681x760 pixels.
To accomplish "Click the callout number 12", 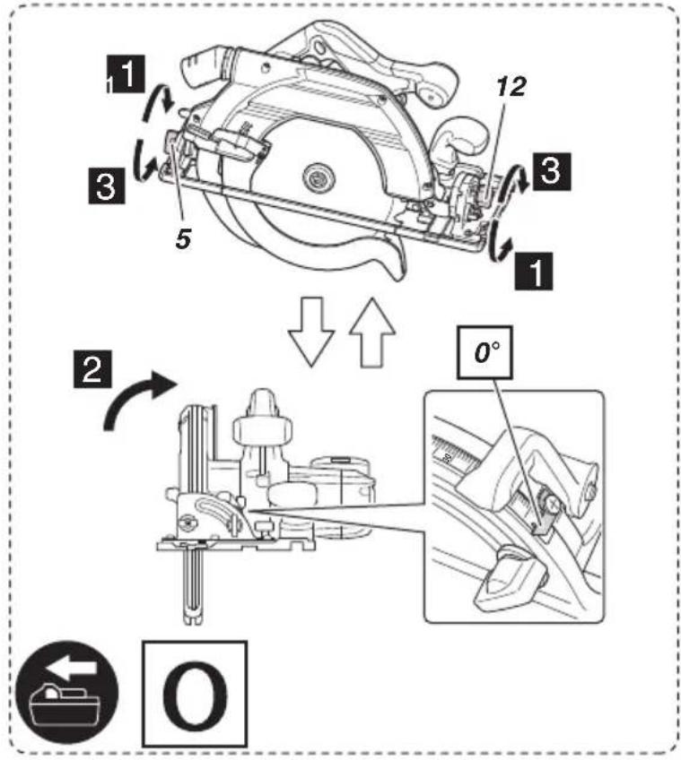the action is pos(511,87).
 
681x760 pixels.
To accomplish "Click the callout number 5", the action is pos(183,239).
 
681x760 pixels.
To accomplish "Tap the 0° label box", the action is pos(485,352).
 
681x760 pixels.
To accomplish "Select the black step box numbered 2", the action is pos(92,369).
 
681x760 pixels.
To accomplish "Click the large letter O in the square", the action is pos(195,694).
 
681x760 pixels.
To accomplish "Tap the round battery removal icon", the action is pos(66,695).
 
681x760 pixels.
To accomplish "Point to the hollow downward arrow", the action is pos(311,332).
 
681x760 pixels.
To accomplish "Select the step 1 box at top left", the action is pos(126,74).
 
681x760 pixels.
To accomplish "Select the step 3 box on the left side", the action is pos(106,186).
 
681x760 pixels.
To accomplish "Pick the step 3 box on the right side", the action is pos(552,171).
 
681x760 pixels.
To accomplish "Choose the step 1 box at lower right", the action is pos(534,271).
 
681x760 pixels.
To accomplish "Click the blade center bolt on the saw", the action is pos(319,177).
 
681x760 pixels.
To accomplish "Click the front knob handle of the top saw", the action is pos(461,137).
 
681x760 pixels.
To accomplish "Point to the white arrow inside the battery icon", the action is pos(72,669).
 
